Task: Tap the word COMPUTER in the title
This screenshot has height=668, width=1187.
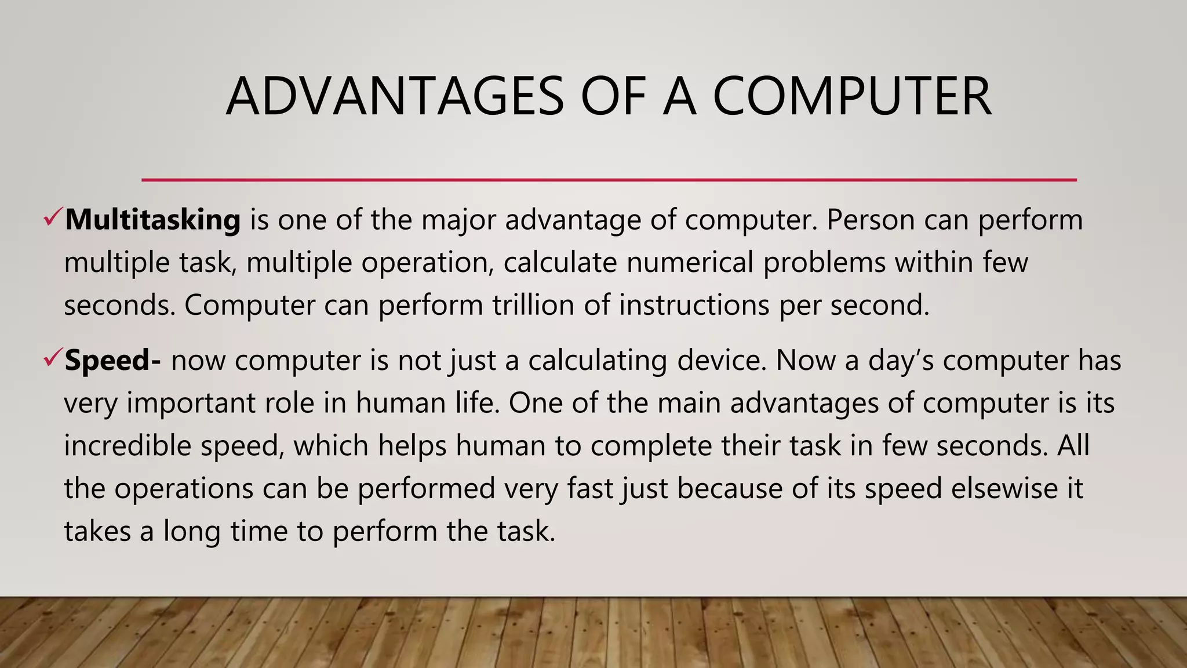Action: point(851,96)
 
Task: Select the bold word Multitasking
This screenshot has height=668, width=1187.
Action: point(152,220)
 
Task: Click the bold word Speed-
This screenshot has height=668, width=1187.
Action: point(113,360)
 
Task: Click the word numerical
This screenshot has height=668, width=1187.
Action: point(690,262)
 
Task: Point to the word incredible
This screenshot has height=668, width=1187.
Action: point(127,446)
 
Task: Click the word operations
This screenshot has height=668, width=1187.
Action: point(184,488)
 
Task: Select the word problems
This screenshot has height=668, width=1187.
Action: point(824,262)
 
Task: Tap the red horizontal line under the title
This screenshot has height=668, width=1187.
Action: point(609,180)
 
